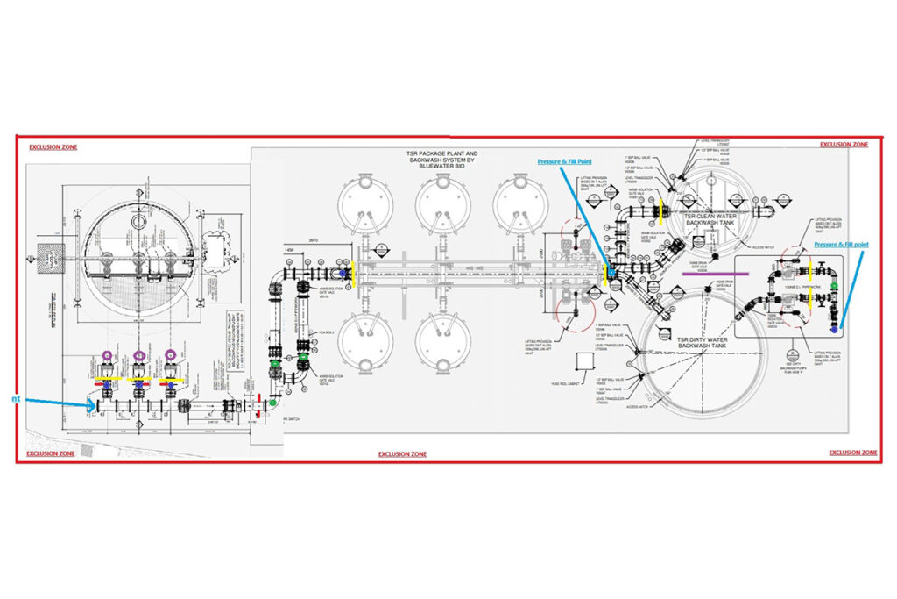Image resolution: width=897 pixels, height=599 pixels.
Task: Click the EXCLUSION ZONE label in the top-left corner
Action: (x=53, y=147)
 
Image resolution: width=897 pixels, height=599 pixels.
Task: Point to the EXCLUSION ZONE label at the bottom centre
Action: (x=402, y=454)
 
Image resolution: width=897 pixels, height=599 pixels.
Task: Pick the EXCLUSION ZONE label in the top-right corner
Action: (x=844, y=144)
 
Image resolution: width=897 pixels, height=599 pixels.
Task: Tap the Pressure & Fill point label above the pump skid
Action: (x=842, y=245)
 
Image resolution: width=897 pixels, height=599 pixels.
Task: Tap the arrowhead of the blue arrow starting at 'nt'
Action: (x=93, y=405)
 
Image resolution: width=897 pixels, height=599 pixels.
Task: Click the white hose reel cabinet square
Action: (x=582, y=362)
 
